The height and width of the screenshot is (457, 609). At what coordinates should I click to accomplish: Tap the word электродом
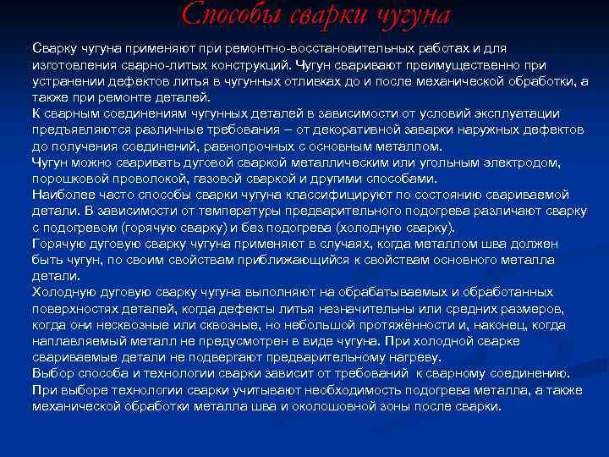pos(545,162)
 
